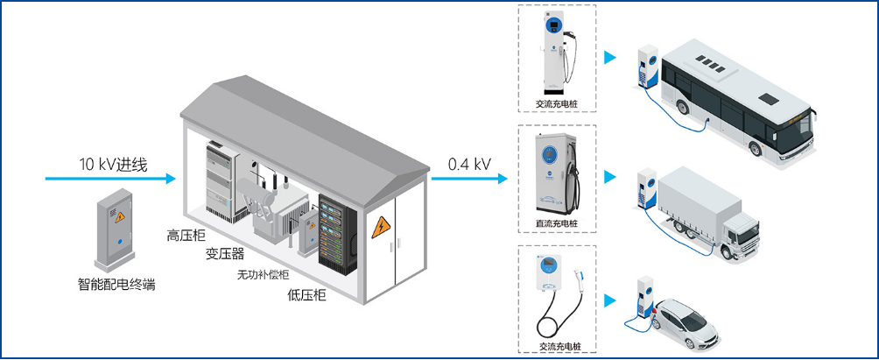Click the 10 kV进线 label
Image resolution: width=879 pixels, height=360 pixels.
pos(114,165)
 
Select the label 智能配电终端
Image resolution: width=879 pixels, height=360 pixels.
pos(116,284)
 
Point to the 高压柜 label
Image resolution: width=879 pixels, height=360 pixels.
pos(186,235)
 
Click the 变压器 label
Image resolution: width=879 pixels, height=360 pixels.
pos(225,254)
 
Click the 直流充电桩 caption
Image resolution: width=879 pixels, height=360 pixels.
pos(557,223)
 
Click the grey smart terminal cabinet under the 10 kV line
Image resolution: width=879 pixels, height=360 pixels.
pos(115,229)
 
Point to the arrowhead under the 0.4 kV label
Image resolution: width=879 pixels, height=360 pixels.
pos(502,179)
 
